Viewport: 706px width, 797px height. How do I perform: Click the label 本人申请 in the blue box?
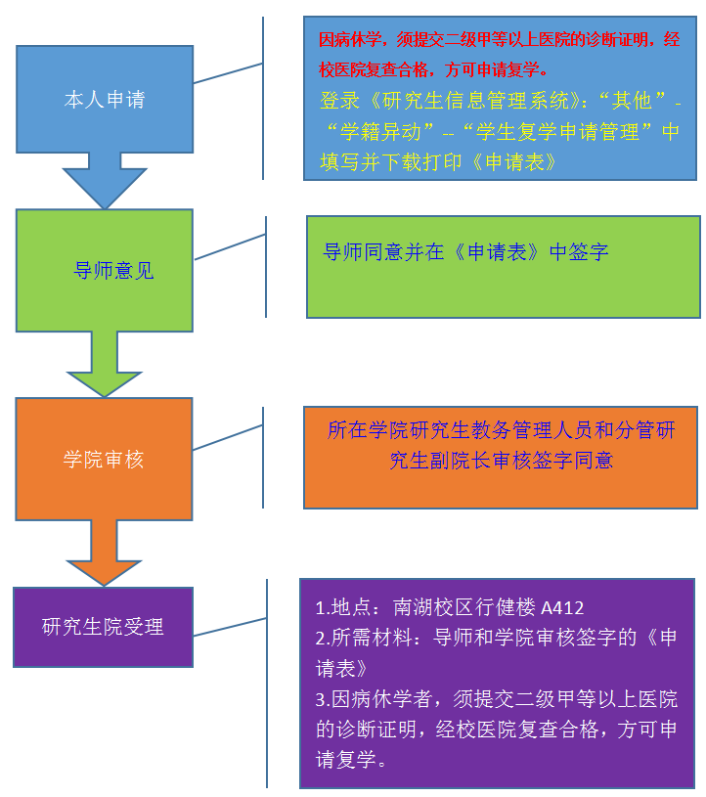click(x=104, y=100)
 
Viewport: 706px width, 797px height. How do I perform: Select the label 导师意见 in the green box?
click(x=114, y=271)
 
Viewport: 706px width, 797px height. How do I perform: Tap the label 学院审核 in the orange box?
click(x=104, y=460)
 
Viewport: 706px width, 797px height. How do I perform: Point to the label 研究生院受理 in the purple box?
click(x=103, y=627)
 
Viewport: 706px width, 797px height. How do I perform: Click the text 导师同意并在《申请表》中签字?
click(x=465, y=252)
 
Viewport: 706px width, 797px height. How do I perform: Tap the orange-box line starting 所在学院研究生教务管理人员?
click(x=501, y=430)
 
